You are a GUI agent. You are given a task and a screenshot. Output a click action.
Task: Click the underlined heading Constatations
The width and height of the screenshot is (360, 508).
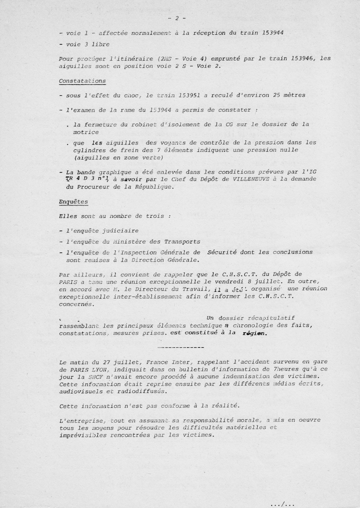point(82,81)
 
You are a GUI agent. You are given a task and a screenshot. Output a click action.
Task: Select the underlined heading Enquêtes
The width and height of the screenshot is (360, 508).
point(73,202)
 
